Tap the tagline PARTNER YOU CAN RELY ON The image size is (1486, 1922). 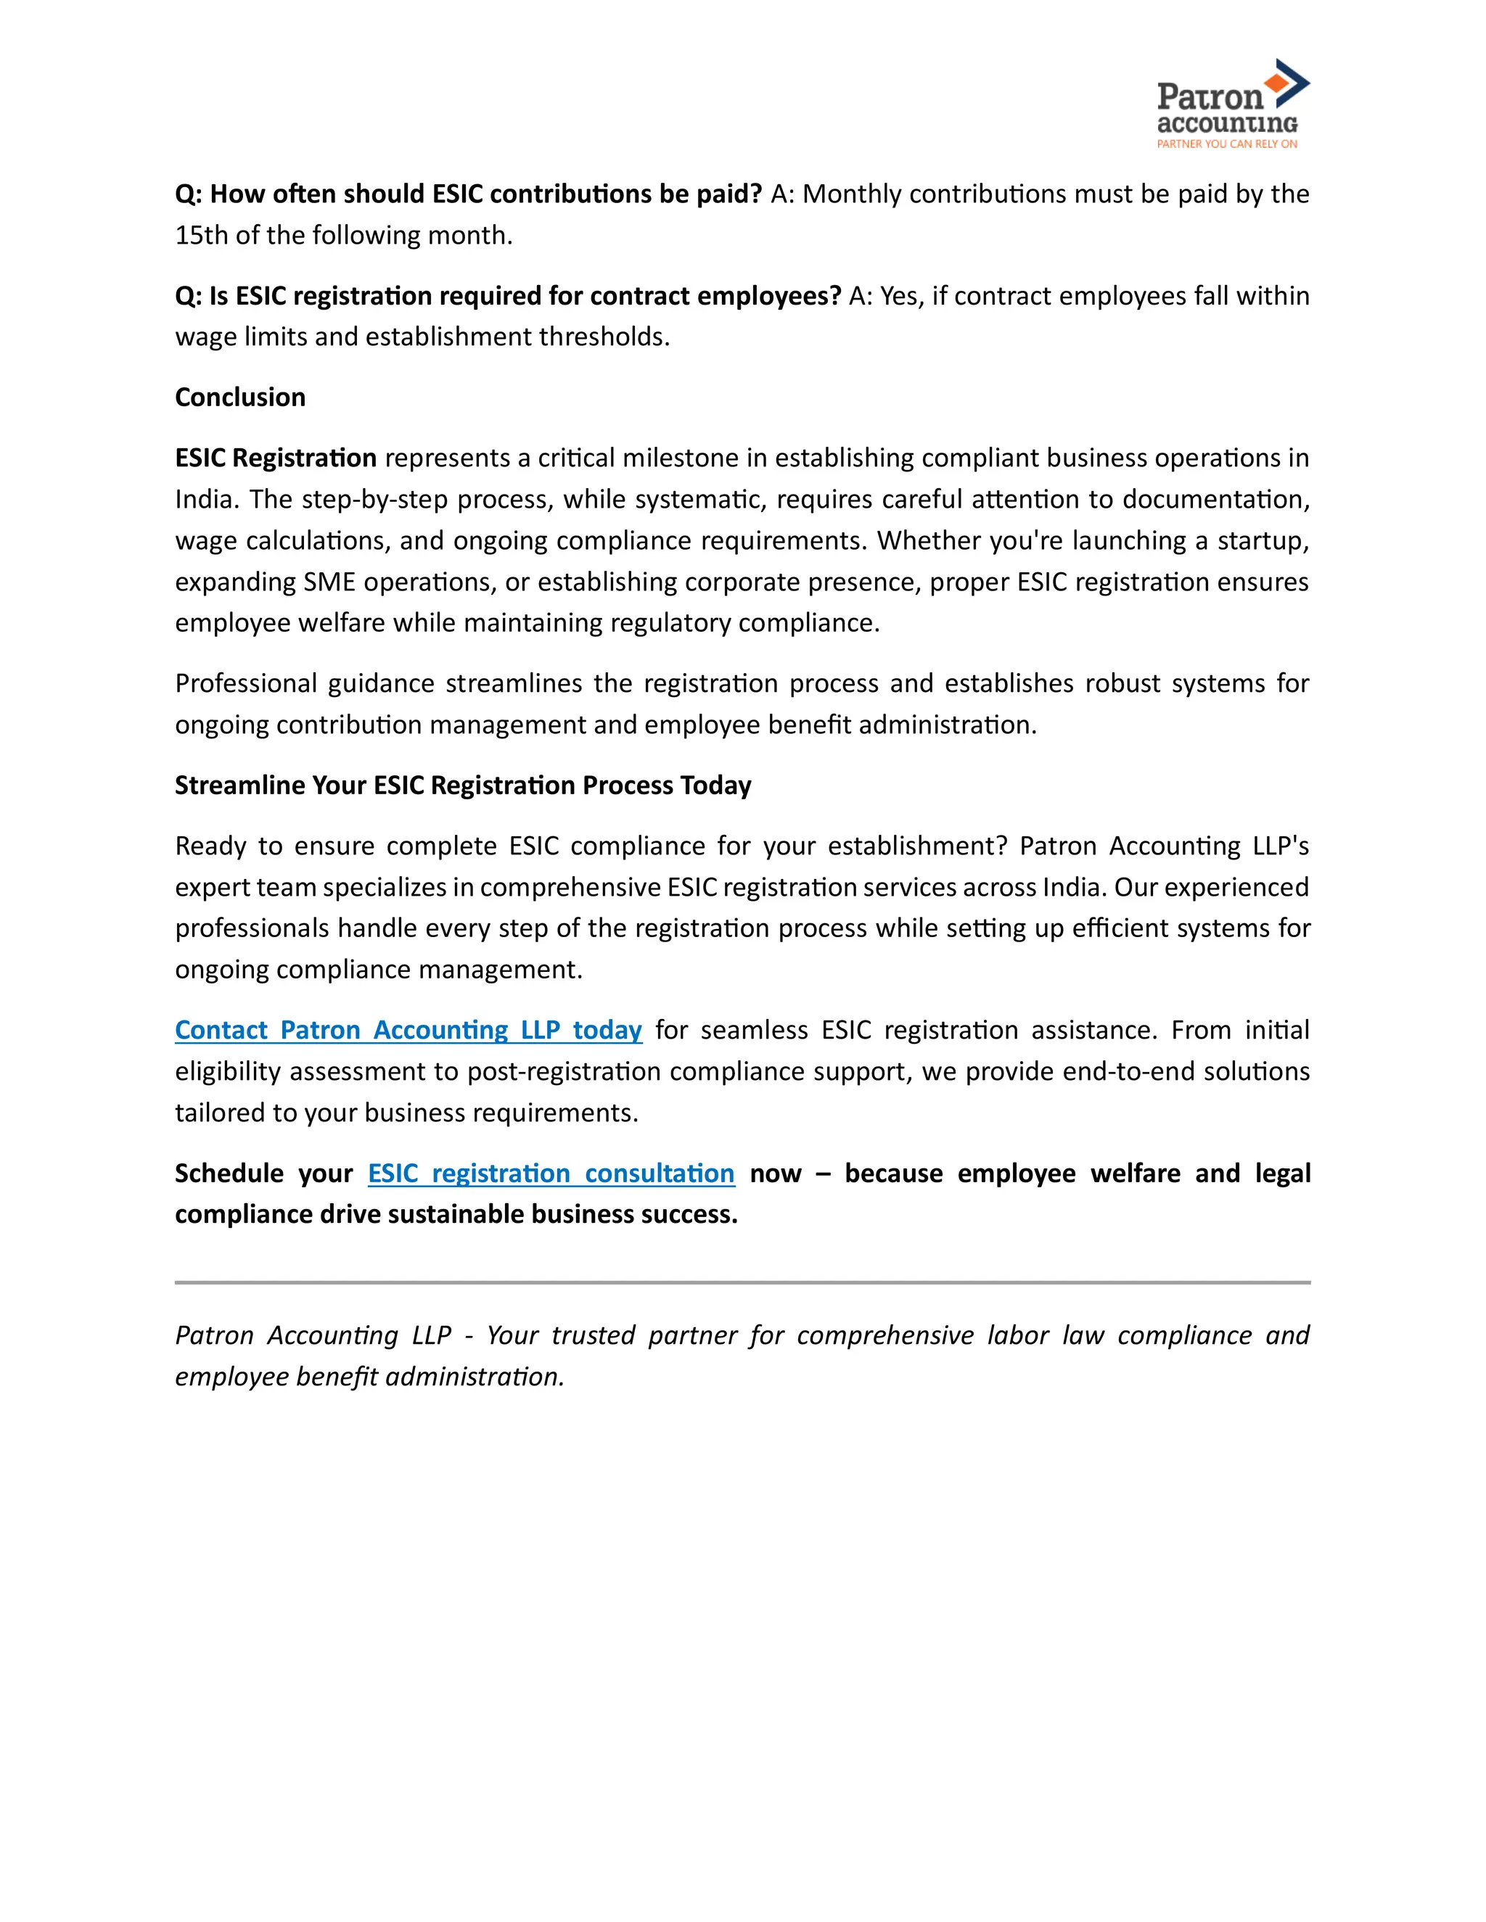click(1226, 144)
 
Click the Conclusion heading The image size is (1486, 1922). click(240, 397)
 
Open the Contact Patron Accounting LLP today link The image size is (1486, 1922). click(409, 1030)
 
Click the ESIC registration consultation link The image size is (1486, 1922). click(551, 1173)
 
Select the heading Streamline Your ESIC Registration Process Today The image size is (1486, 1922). click(463, 785)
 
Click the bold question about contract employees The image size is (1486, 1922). click(508, 296)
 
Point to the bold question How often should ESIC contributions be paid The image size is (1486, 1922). click(468, 194)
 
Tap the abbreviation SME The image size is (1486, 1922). click(329, 582)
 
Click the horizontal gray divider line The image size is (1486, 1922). click(742, 1282)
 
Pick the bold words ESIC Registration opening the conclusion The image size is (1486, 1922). click(276, 458)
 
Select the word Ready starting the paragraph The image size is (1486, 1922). click(210, 846)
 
